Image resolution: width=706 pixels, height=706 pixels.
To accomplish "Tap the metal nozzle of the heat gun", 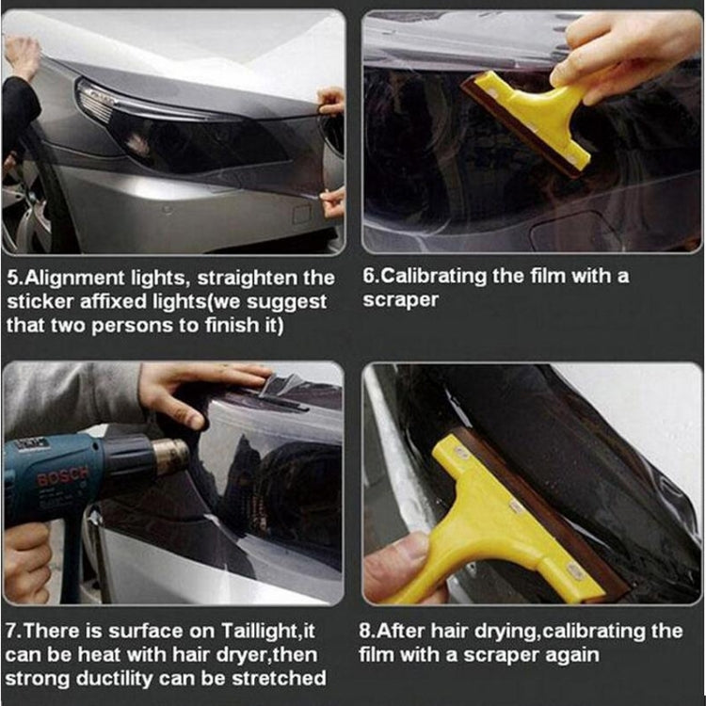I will (168, 457).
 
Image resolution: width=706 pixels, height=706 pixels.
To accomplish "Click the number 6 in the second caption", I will (369, 277).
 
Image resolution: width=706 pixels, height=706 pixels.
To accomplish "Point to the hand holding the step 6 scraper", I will (621, 56).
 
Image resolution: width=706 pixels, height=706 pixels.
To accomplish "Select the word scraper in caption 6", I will (401, 300).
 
